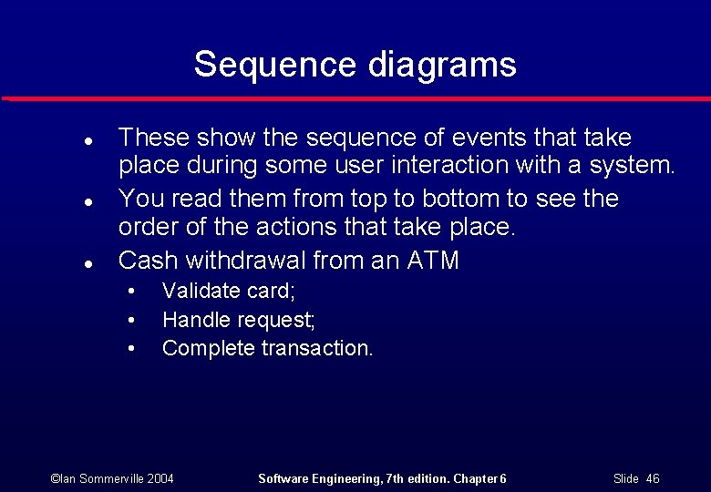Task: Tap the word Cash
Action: point(149,261)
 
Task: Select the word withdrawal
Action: point(246,261)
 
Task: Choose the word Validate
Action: point(195,292)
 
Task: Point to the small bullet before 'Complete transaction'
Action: point(133,348)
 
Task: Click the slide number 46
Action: point(652,478)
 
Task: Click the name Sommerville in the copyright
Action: point(108,478)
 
